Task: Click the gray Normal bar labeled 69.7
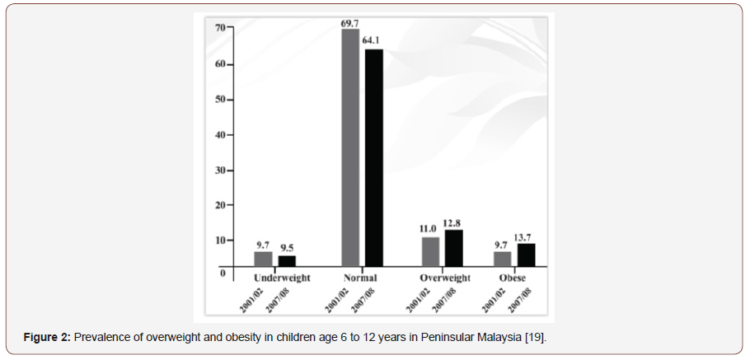coord(350,148)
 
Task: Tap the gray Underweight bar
coord(262,259)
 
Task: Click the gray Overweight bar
coord(430,252)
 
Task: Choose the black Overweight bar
coord(453,248)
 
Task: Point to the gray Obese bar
coord(503,259)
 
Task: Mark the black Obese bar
coord(526,255)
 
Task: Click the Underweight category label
coord(282,278)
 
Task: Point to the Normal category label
coord(360,278)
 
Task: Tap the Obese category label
coord(512,278)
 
